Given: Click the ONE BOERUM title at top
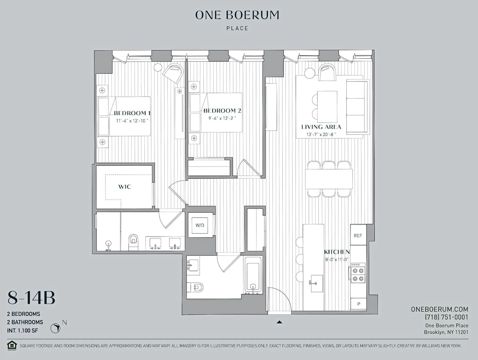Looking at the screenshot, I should click(x=237, y=15).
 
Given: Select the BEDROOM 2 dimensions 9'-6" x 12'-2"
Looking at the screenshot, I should click(x=222, y=118).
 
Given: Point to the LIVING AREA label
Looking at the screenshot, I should click(x=321, y=127).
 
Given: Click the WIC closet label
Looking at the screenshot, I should click(x=124, y=187).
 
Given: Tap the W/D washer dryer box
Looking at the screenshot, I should click(x=200, y=225).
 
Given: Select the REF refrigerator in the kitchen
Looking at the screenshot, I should click(x=358, y=235).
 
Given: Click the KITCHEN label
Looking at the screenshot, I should click(x=337, y=252).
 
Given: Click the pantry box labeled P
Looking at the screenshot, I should click(x=358, y=304).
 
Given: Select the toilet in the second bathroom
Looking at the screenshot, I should click(x=197, y=287).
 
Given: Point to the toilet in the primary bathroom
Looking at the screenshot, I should click(x=133, y=241).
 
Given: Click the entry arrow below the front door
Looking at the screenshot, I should click(x=279, y=322).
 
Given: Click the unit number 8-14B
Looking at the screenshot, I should click(x=31, y=298).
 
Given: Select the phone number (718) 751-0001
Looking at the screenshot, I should click(x=446, y=317).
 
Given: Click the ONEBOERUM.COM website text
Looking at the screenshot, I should click(x=439, y=309).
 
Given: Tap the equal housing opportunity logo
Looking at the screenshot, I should click(x=12, y=345).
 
